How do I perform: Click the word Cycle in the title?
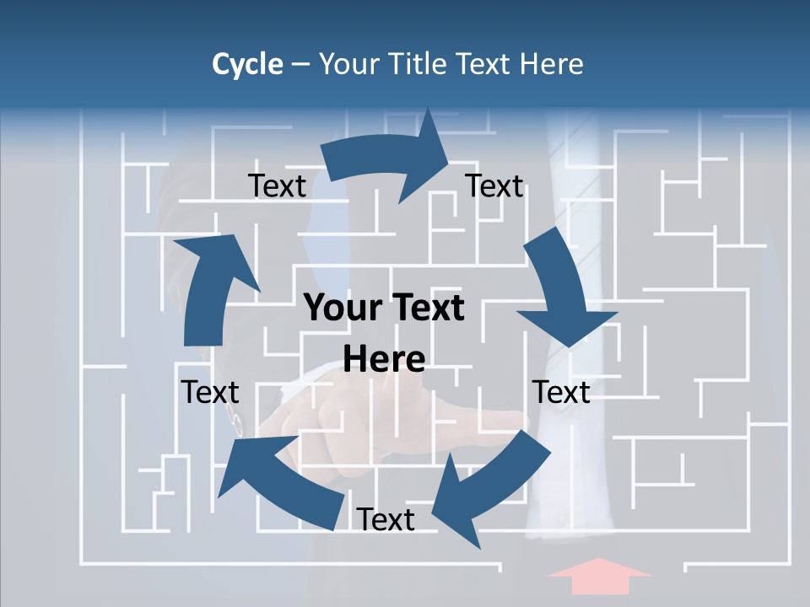coord(247,64)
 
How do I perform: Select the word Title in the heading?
coord(417,64)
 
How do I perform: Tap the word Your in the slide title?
coord(348,64)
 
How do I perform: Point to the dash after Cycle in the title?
coord(300,65)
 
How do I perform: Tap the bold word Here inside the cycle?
coord(384,360)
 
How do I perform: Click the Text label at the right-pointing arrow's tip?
coord(494,186)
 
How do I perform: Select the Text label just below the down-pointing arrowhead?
coord(561,392)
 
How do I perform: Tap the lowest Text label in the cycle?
coord(386,519)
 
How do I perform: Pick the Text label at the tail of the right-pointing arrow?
coord(277,186)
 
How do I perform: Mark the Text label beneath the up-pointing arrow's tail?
coord(210,392)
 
